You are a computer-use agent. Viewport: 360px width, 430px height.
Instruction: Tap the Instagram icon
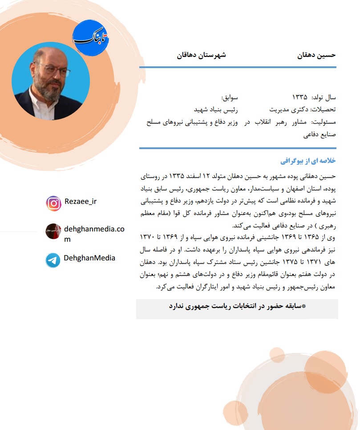pos(53,203)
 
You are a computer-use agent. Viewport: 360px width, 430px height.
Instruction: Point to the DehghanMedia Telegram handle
pos(89,258)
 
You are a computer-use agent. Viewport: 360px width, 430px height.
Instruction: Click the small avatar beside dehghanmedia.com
pos(53,231)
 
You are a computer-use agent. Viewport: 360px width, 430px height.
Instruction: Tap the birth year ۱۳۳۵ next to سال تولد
pos(300,97)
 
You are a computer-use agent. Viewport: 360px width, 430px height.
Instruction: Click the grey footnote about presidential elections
pos(237,307)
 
